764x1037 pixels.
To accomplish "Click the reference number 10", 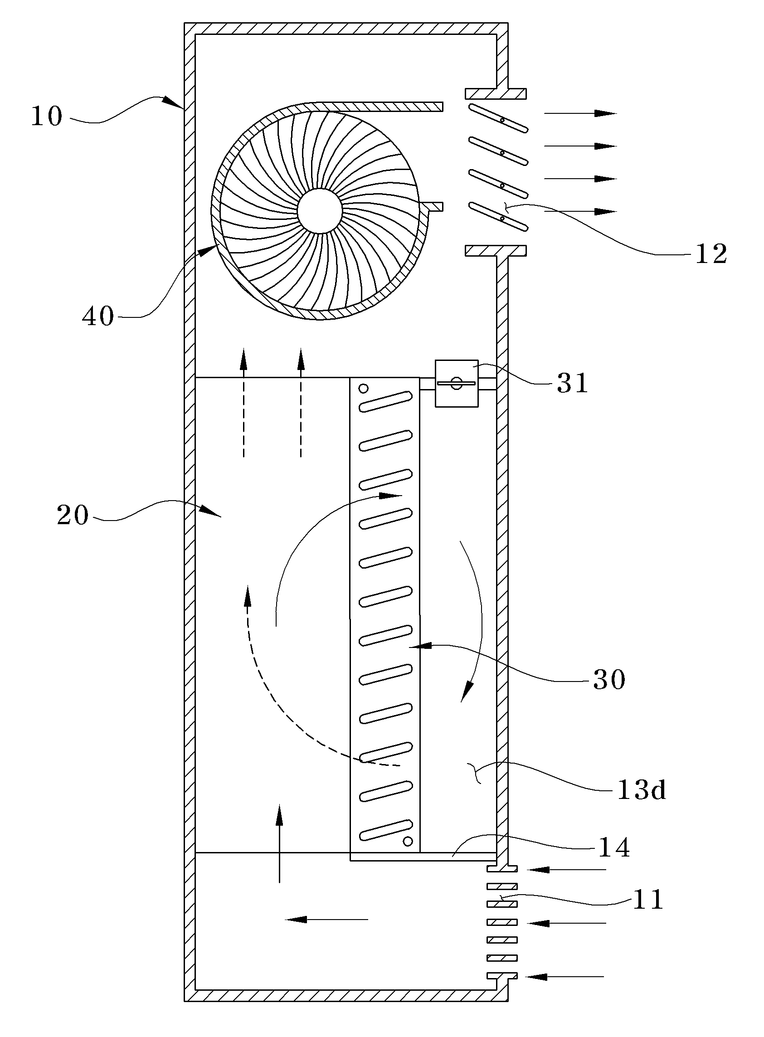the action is pyautogui.click(x=47, y=117).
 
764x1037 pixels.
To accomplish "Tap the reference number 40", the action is pyautogui.click(x=98, y=317).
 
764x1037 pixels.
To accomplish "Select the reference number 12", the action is pyautogui.click(x=711, y=254).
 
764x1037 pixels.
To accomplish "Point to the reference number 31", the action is pyautogui.click(x=573, y=383).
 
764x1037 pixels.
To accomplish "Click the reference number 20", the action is pyautogui.click(x=73, y=515).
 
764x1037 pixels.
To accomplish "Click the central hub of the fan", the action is pyautogui.click(x=320, y=211).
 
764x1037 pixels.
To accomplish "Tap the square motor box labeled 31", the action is pyautogui.click(x=457, y=383).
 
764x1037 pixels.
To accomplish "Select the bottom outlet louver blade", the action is pyautogui.click(x=498, y=216).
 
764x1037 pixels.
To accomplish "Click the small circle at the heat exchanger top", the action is pyautogui.click(x=364, y=388).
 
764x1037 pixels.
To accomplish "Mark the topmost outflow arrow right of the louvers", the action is pyautogui.click(x=580, y=113).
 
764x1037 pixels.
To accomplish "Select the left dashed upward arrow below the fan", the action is pyautogui.click(x=244, y=402).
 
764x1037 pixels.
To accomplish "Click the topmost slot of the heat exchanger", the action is pyautogui.click(x=386, y=401).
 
